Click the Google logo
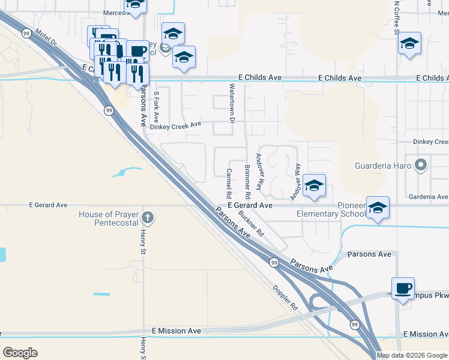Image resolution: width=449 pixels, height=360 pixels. pyautogui.click(x=20, y=353)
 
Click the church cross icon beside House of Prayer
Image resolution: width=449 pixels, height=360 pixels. pyautogui.click(x=148, y=217)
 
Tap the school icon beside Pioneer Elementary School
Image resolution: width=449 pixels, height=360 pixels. pyautogui.click(x=377, y=208)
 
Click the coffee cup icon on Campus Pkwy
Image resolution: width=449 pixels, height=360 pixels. pyautogui.click(x=403, y=288)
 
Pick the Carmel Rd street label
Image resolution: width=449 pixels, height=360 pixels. pyautogui.click(x=229, y=183)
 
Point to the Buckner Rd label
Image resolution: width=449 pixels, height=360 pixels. pyautogui.click(x=251, y=222)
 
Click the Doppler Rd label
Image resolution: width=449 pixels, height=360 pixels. pyautogui.click(x=286, y=297)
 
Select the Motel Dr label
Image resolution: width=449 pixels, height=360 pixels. pyautogui.click(x=47, y=40)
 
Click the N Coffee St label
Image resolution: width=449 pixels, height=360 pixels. pyautogui.click(x=396, y=18)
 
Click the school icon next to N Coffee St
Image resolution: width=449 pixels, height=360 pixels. pyautogui.click(x=410, y=43)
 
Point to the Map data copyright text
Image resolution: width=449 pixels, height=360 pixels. pyautogui.click(x=412, y=355)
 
